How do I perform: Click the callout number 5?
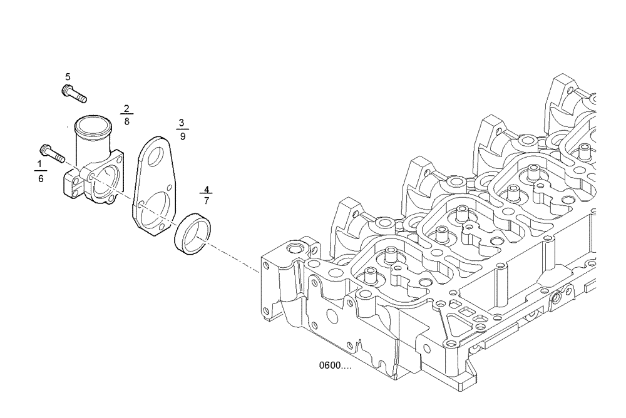click(x=68, y=76)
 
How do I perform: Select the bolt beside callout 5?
click(x=74, y=94)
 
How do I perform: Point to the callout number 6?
click(x=41, y=178)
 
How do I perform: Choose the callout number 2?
click(x=126, y=108)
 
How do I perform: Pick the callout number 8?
click(x=126, y=122)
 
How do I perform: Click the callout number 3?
click(x=182, y=122)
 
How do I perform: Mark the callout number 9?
click(x=182, y=136)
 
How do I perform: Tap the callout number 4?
click(x=207, y=187)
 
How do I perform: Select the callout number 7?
click(x=207, y=201)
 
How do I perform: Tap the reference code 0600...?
click(x=335, y=366)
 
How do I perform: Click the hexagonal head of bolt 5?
click(x=66, y=90)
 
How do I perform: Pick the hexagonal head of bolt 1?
click(x=45, y=150)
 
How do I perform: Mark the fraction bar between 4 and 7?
click(x=207, y=194)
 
